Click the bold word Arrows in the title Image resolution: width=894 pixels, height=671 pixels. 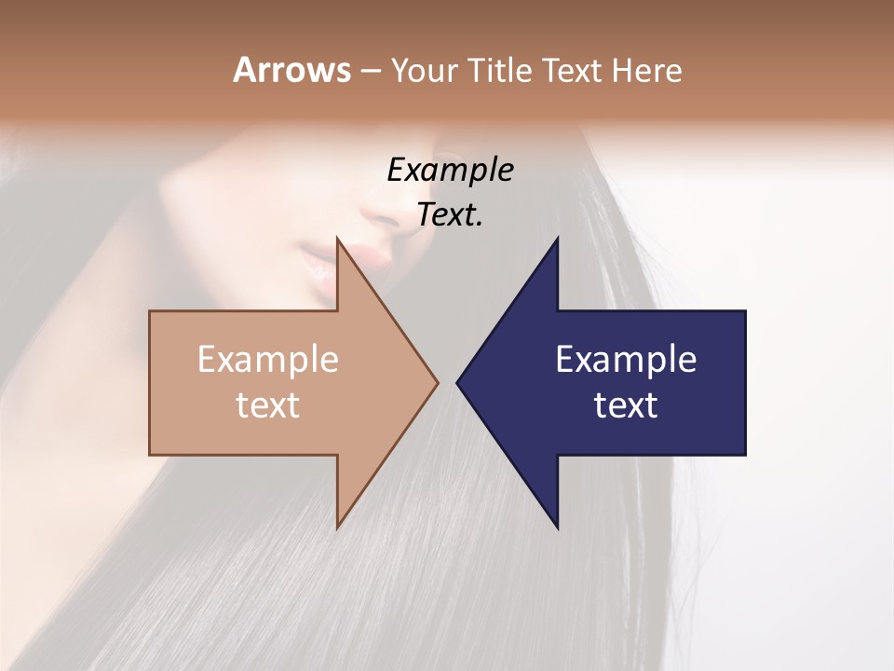[291, 70]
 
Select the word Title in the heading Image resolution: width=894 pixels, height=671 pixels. [502, 71]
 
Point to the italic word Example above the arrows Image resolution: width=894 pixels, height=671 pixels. [450, 170]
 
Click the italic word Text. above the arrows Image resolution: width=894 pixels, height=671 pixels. [450, 214]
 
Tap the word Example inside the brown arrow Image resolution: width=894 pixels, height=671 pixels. [268, 360]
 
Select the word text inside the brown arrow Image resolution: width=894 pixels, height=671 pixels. [268, 405]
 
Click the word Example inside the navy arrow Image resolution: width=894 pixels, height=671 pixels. [626, 360]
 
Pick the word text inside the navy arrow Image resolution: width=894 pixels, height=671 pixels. [626, 405]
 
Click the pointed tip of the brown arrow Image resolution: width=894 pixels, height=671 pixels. [437, 382]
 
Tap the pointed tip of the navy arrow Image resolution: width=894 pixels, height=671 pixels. [457, 382]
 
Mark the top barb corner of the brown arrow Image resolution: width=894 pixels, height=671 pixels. [337, 240]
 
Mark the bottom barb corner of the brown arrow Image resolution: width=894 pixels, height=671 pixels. [337, 527]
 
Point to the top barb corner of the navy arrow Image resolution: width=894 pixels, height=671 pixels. [557, 240]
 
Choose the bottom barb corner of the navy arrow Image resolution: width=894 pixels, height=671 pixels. [557, 527]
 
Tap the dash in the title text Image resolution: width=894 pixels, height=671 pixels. [370, 71]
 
